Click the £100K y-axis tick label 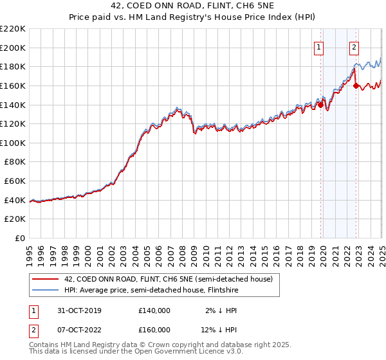point(13,143)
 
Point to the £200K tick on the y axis point(13,48)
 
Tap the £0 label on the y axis point(20,238)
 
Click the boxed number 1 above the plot point(319,46)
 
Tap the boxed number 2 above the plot point(354,46)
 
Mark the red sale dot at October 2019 point(320,105)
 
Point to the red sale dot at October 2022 point(356,85)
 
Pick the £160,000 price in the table point(154,330)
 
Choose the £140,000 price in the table point(154,310)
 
